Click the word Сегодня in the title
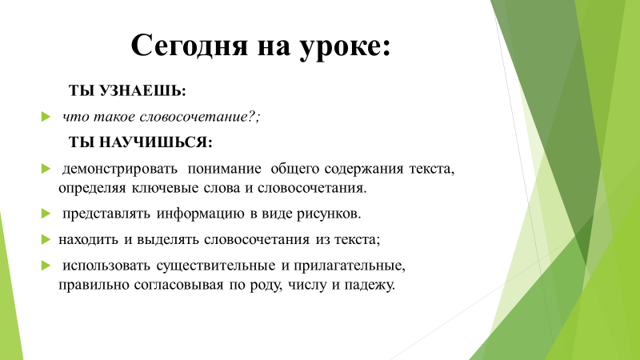(x=189, y=46)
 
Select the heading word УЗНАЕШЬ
(x=142, y=90)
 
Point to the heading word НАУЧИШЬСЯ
(x=155, y=142)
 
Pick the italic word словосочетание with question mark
(x=199, y=117)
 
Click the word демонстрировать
(x=120, y=170)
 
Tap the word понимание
(x=225, y=169)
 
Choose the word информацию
(x=201, y=214)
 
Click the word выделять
(x=168, y=239)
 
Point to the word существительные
(x=216, y=266)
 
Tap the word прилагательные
(x=350, y=266)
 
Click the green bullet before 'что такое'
(x=46, y=117)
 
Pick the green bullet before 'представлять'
(x=46, y=214)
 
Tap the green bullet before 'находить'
(x=46, y=239)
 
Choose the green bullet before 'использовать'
(x=46, y=266)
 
